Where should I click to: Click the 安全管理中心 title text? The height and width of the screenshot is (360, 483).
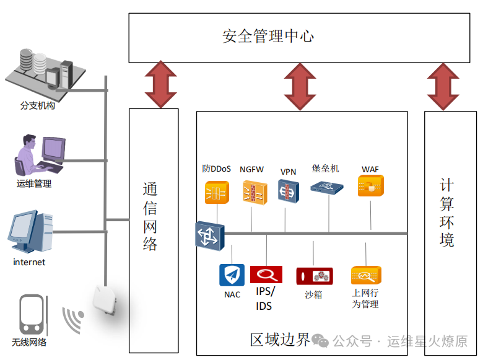point(268,36)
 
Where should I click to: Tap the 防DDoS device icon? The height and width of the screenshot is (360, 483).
point(217,191)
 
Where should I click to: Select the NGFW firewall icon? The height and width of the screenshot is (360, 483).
point(253,191)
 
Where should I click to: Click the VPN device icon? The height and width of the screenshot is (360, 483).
point(288,191)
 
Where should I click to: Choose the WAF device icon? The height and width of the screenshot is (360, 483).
point(370,186)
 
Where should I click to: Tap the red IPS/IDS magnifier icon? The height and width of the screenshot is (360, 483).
point(266,274)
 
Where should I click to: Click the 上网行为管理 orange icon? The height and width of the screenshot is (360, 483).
point(366,274)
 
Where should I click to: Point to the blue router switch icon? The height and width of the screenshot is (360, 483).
point(209,235)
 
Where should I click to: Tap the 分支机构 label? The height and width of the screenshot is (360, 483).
point(38,106)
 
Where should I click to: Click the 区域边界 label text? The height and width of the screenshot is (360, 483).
point(279,340)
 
